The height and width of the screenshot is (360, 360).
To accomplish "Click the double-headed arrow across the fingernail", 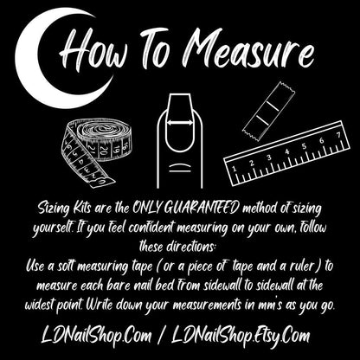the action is click(x=180, y=123).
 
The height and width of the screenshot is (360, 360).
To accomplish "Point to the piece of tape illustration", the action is click(x=269, y=112).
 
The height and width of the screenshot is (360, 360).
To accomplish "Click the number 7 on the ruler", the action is click(x=338, y=135).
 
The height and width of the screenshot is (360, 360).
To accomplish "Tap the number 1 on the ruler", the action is click(x=234, y=169).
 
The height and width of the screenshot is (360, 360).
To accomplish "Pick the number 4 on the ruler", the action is click(x=287, y=151).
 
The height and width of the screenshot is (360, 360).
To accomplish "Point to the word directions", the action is click(x=191, y=247).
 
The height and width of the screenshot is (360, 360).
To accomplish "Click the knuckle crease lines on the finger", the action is click(x=180, y=168).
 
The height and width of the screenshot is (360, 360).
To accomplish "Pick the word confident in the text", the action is click(x=151, y=228).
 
